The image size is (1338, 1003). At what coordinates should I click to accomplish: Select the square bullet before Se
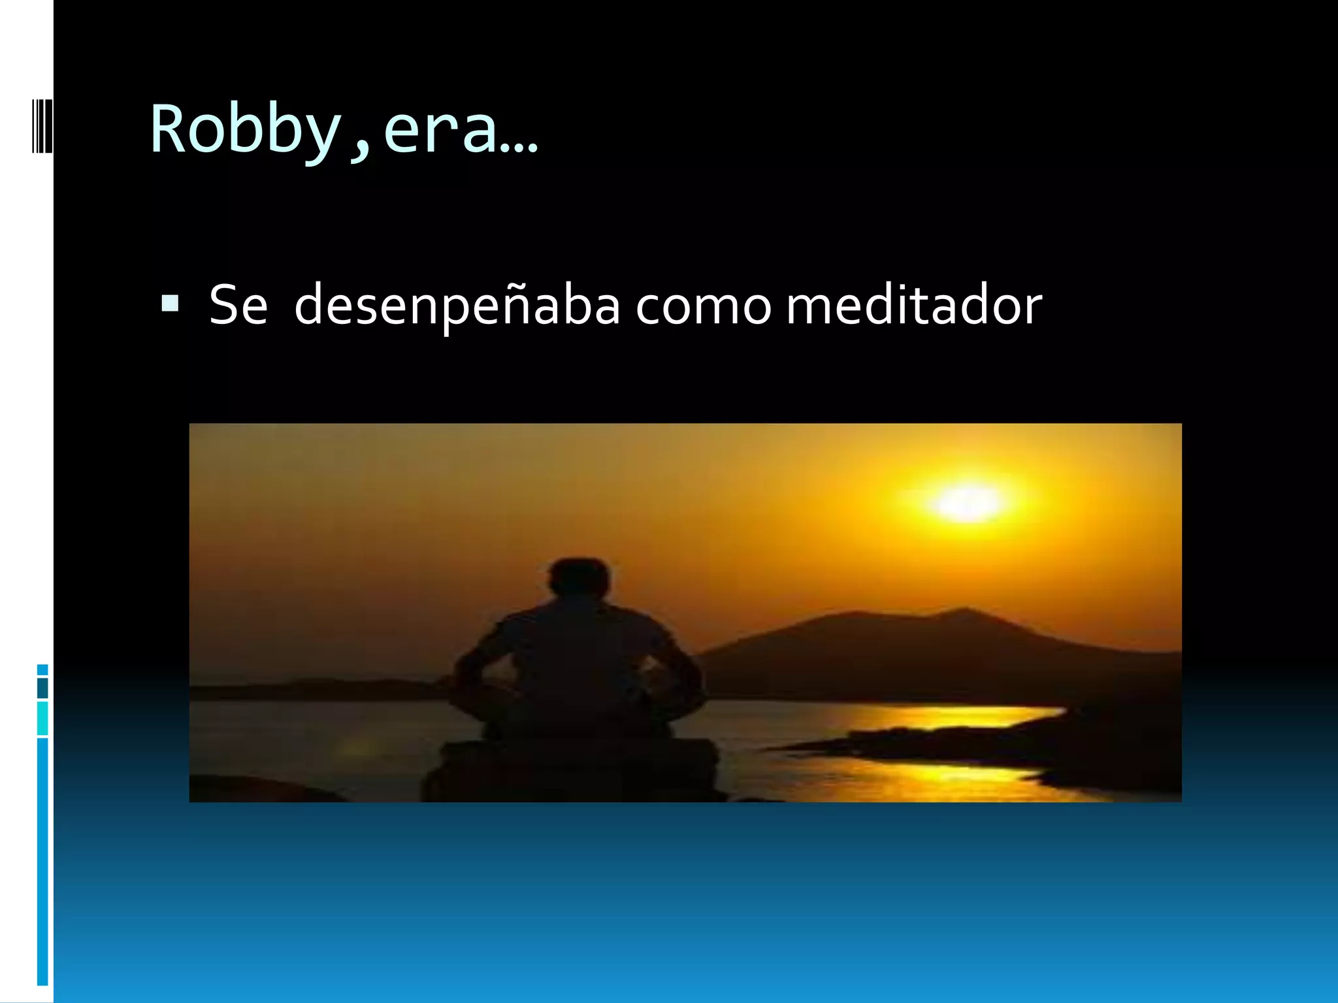170,304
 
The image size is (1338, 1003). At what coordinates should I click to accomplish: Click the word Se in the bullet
238,304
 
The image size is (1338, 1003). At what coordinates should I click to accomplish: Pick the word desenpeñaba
457,306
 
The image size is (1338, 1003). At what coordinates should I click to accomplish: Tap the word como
703,306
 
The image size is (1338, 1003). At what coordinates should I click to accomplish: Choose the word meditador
913,304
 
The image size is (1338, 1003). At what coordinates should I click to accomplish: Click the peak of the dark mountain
960,614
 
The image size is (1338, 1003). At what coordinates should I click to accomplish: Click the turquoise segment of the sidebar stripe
42,719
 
